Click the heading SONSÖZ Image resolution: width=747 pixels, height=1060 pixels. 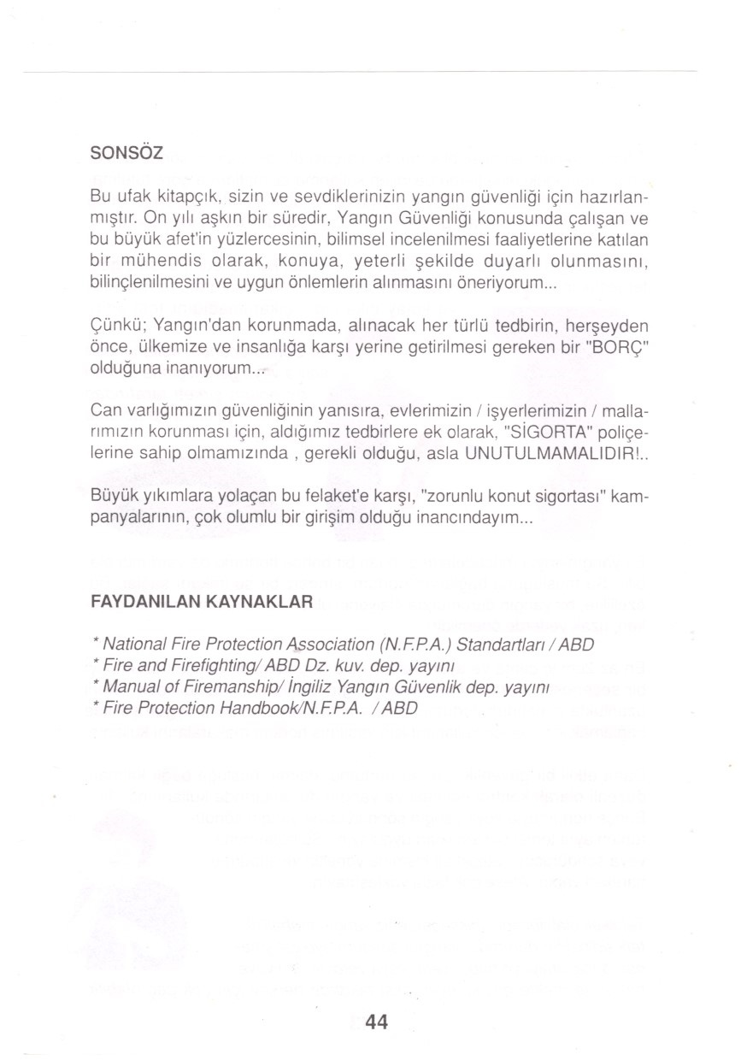point(126,155)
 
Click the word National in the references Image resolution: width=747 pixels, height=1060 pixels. point(135,643)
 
